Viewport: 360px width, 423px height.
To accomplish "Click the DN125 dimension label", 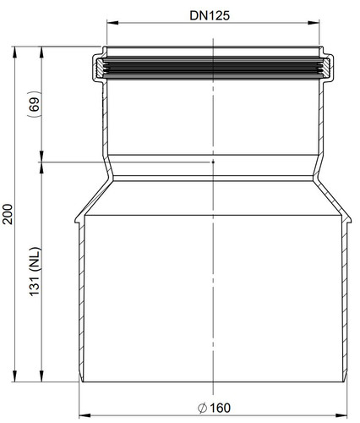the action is tap(210, 15).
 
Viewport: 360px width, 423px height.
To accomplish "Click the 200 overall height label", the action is tap(8, 214).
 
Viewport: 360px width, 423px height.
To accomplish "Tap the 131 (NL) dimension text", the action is tap(35, 272).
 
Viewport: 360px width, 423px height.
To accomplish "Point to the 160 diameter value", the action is tap(220, 408).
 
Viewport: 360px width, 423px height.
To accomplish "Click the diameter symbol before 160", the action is tap(202, 409).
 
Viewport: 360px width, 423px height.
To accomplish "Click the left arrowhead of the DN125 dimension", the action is tap(112, 23).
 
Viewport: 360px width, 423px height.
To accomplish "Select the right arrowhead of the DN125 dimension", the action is tap(314, 23).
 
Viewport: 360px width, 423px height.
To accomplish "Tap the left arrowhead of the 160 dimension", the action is tap(85, 415).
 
